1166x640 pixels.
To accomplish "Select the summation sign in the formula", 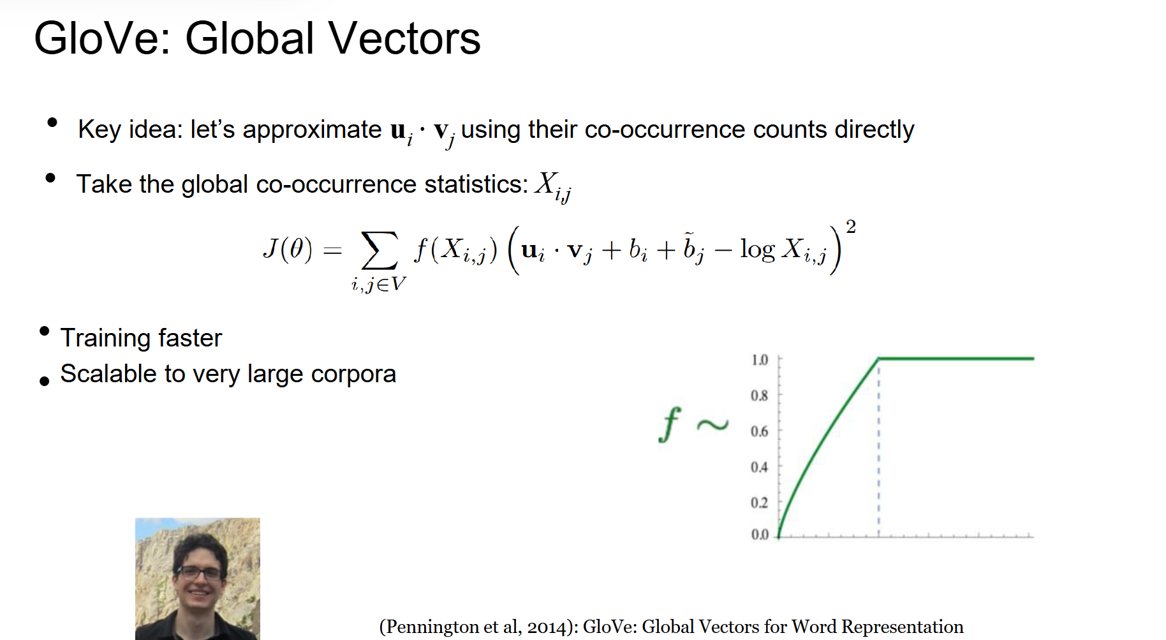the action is (x=379, y=250).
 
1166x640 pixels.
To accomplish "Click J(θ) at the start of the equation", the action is (x=288, y=249).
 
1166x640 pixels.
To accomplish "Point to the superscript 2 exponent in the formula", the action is (x=850, y=227).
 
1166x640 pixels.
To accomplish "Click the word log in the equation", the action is (x=757, y=249).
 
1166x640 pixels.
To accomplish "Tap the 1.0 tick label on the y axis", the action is (x=760, y=360).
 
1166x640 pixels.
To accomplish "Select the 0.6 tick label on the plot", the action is (x=759, y=431).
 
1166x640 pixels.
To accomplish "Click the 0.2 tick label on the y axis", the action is (x=759, y=503).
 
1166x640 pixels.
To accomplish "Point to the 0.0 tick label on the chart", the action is (x=760, y=534).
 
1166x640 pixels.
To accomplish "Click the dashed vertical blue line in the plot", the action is (x=878, y=447).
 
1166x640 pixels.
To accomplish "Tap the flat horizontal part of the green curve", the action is (x=956, y=359).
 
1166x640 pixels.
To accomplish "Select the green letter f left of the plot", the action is (x=670, y=424).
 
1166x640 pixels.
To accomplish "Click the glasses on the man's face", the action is (x=200, y=572).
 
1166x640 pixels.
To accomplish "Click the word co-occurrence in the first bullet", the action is (x=665, y=129).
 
